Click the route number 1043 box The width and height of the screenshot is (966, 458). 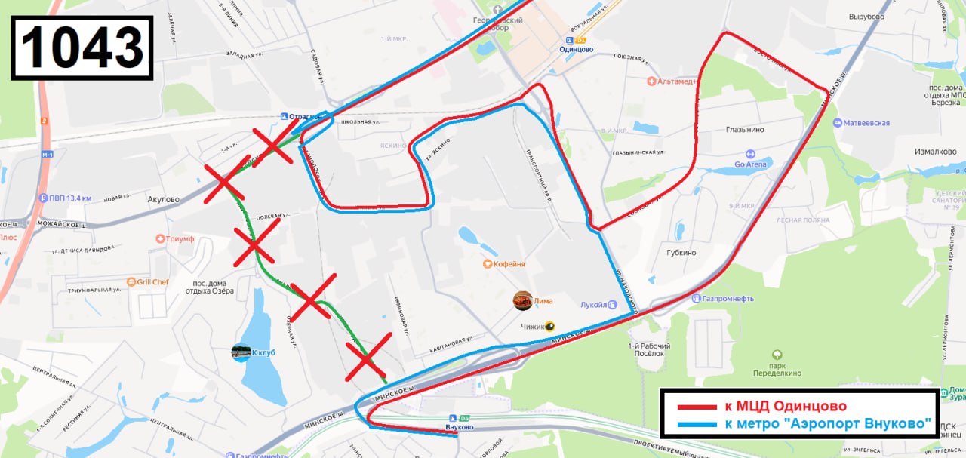82,48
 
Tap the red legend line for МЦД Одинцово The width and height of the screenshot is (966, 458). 697,407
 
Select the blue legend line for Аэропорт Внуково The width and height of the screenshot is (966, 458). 697,423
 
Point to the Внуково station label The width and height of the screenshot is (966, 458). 460,427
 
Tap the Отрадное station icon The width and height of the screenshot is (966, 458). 284,116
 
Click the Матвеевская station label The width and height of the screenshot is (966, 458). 866,123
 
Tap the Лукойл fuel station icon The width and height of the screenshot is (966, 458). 612,306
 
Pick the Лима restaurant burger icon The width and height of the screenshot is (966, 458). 522,300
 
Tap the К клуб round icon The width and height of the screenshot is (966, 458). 241,352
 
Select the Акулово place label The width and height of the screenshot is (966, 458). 164,200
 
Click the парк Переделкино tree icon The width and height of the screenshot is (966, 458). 777,355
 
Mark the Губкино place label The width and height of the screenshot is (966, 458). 681,253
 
